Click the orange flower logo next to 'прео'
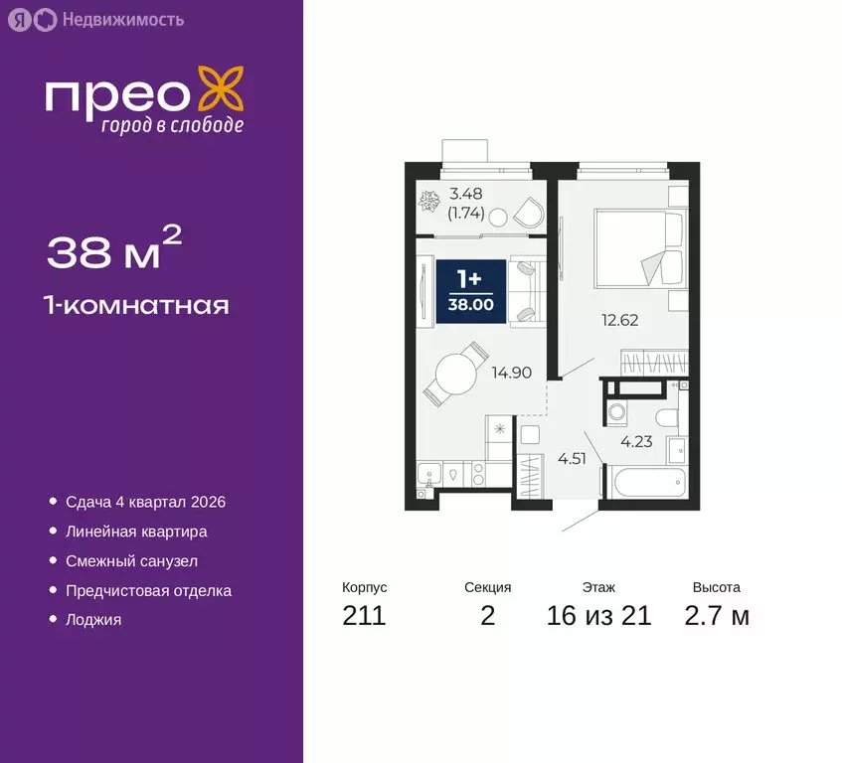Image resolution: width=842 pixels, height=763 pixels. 219,89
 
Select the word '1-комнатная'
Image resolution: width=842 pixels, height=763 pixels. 138,305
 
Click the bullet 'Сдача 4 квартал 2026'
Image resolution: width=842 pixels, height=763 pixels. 145,502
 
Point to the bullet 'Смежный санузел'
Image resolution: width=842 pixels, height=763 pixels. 132,561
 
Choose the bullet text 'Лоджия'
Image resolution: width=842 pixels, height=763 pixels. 93,619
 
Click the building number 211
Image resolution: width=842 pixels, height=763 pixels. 364,616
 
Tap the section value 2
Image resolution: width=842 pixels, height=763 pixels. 487,616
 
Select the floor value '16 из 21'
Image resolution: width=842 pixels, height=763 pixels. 598,616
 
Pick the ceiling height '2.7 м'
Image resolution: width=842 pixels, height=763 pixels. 716,616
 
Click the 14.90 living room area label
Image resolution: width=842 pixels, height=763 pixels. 510,373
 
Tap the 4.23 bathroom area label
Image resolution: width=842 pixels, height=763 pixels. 636,442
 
